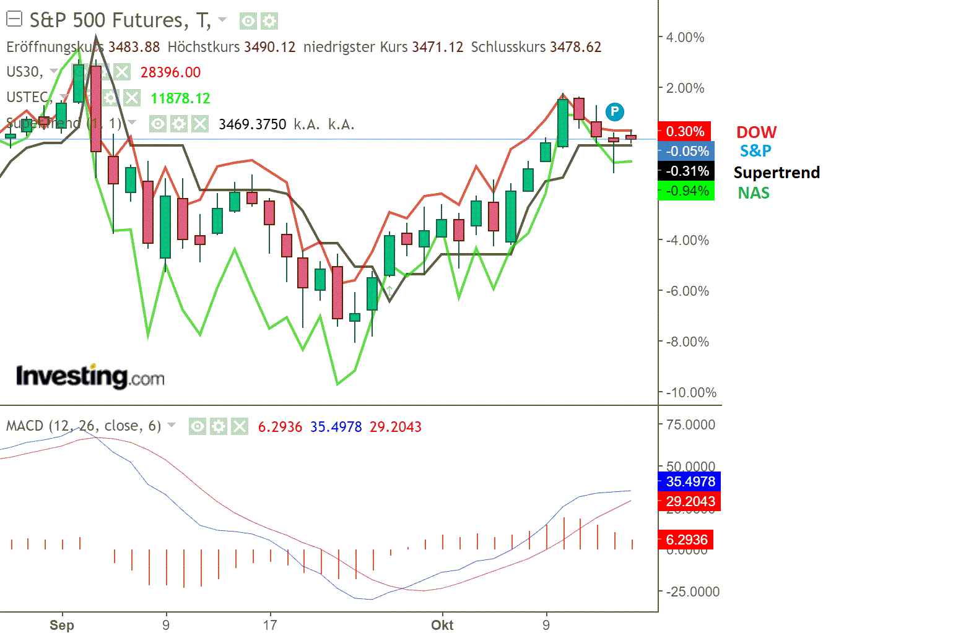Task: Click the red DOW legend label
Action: tap(756, 132)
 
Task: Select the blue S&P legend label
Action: tap(755, 150)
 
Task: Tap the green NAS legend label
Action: tap(754, 193)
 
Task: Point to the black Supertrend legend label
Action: tap(777, 172)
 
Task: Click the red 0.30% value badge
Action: tap(685, 131)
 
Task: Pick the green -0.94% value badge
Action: tap(687, 191)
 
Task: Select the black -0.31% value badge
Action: tap(687, 171)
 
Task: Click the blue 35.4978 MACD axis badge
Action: tap(690, 481)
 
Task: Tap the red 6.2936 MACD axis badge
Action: tap(686, 540)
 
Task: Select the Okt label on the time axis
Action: tap(442, 625)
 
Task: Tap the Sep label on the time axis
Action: tap(62, 625)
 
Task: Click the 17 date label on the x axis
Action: tap(269, 625)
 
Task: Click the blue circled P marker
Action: tap(614, 111)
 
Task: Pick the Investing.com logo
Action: tap(90, 376)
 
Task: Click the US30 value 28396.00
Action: tap(170, 72)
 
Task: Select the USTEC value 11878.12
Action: tap(180, 98)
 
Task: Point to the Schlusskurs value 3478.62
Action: tap(575, 47)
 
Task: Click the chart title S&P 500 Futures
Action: tap(108, 20)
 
